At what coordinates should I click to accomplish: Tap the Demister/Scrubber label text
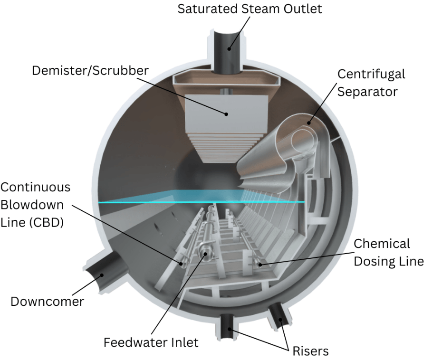click(x=90, y=71)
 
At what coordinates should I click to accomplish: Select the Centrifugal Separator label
click(x=371, y=82)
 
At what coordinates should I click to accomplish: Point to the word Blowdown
click(x=36, y=204)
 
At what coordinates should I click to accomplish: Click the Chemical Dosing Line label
click(x=388, y=253)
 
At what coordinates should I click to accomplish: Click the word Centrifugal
click(x=371, y=74)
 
